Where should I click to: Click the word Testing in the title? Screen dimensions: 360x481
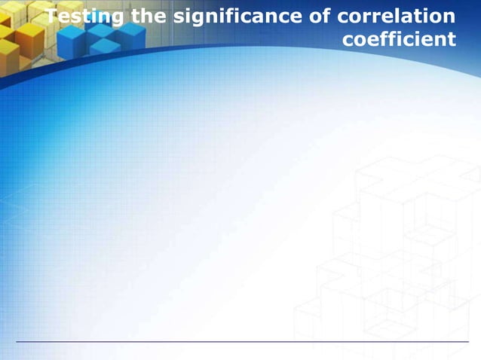coord(84,17)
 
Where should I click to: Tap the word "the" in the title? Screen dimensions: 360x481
coord(147,17)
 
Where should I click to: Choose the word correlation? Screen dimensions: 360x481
coord(399,17)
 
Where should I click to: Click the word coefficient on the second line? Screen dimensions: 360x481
coord(400,38)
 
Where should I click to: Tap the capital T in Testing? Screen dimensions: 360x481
coord(51,17)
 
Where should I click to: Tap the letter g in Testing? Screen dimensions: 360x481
coord(117,20)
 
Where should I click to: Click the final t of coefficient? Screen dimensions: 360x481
coord(452,38)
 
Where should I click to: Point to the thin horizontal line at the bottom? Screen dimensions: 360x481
coord(241,342)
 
